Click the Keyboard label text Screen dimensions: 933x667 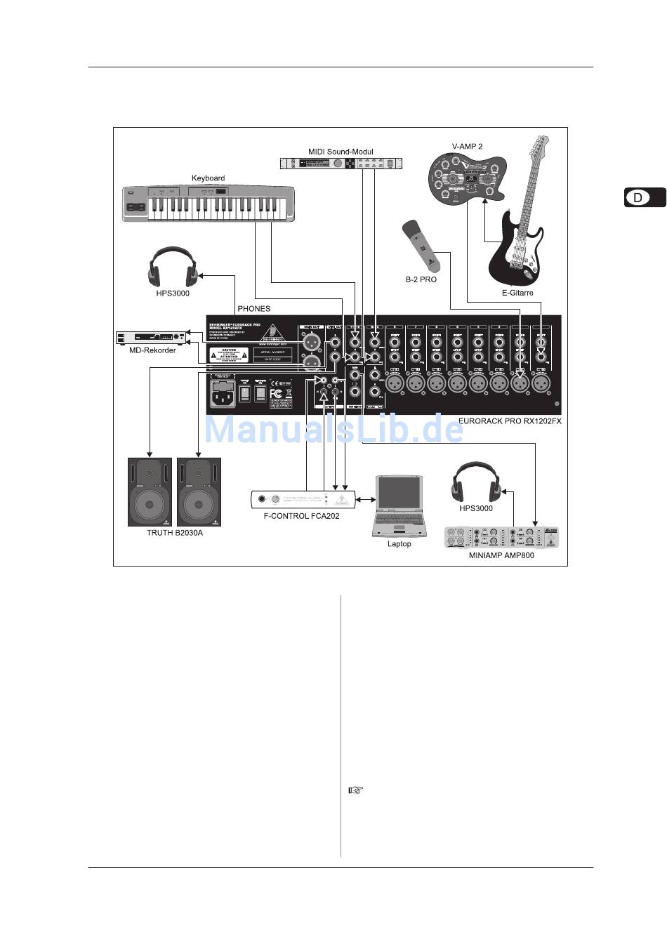coord(208,178)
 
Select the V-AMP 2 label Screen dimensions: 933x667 coord(467,147)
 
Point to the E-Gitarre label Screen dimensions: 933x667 coord(517,293)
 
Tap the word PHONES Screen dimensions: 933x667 coord(253,308)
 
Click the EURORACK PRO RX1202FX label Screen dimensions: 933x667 coord(509,422)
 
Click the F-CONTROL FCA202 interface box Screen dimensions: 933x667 coord(302,499)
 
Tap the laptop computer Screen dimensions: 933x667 coord(399,505)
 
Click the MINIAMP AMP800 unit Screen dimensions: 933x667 coord(501,538)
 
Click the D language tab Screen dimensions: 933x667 coord(644,197)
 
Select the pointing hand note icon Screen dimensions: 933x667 coord(356,790)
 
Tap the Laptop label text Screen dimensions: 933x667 coord(399,543)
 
